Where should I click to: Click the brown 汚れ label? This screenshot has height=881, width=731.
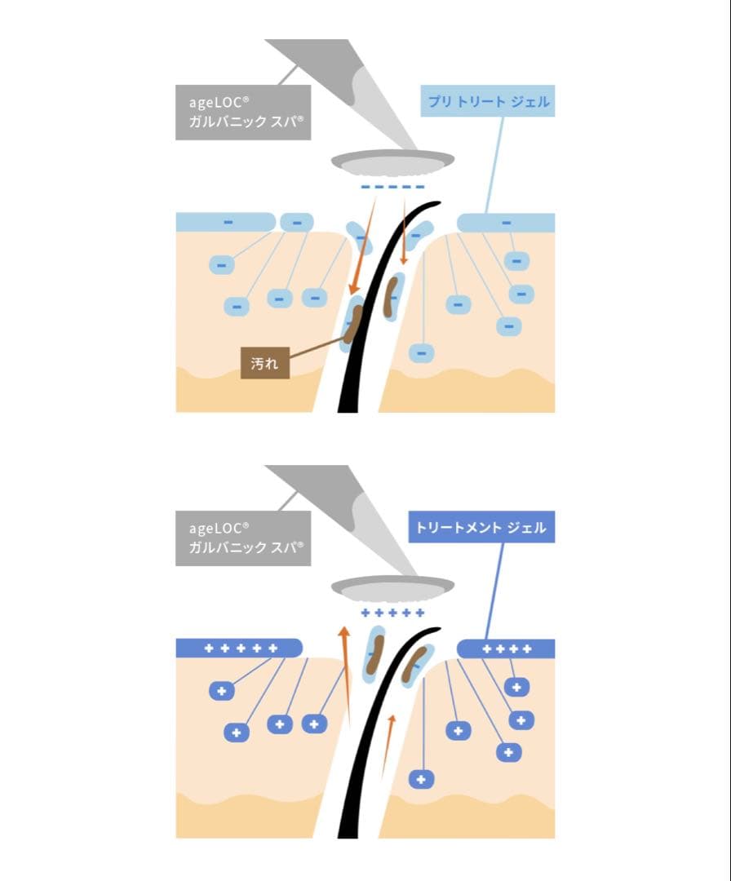pos(264,363)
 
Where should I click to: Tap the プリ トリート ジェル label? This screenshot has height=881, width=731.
pos(489,102)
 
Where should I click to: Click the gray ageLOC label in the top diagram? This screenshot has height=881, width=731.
pos(243,113)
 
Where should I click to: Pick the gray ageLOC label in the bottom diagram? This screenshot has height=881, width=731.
pos(243,538)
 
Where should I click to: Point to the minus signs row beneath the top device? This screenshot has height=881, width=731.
pos(393,188)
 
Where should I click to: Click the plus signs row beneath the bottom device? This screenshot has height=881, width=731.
pos(393,613)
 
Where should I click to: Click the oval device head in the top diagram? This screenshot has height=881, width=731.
pos(393,163)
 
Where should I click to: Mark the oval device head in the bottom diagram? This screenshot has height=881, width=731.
pos(393,588)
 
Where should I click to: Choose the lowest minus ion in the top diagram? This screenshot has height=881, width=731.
pos(422,353)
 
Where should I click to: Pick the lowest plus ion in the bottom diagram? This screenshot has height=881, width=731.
pos(422,780)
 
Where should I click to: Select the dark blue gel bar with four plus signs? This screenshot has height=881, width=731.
pos(507,649)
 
